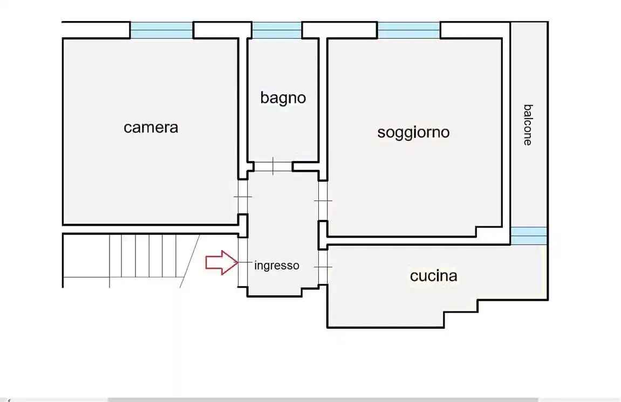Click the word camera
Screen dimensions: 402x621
coord(151,128)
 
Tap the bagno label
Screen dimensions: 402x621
coord(283,98)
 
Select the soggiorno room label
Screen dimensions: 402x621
coord(413,132)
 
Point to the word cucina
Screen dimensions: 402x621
coord(433,276)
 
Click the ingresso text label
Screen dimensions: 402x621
coord(276,266)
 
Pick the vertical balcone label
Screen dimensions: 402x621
coord(528,124)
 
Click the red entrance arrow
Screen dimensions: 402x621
coord(221,262)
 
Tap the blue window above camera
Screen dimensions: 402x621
coord(161,30)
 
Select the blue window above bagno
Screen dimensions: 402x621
coord(276,30)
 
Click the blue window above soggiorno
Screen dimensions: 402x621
coord(408,30)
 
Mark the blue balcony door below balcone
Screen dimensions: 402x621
coord(529,235)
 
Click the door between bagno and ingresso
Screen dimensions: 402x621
coord(273,166)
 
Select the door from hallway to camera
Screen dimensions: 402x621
coord(243,197)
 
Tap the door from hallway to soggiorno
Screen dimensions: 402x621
coord(323,200)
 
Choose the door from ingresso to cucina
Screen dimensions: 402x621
coord(323,267)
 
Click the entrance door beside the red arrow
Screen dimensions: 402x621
coord(243,262)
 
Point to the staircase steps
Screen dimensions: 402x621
coord(142,255)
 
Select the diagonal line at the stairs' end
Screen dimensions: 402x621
coord(189,261)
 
